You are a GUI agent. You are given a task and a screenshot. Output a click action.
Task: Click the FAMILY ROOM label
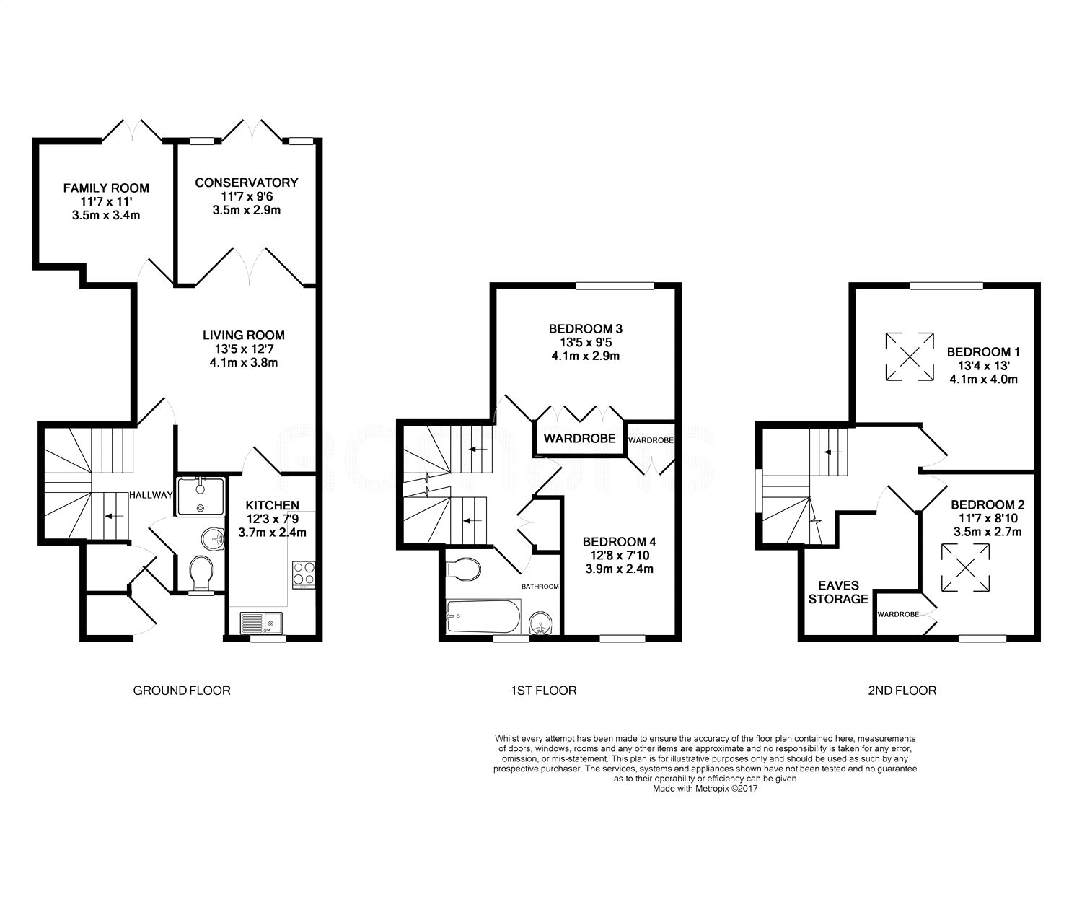(106, 188)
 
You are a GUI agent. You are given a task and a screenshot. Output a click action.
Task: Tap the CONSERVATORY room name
(247, 183)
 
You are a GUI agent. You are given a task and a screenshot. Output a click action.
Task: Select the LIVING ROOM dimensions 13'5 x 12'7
(244, 349)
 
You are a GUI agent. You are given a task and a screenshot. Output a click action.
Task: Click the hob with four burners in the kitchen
(304, 574)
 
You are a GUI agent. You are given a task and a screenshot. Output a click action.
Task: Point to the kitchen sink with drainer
(261, 623)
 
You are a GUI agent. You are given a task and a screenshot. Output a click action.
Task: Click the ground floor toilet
(201, 574)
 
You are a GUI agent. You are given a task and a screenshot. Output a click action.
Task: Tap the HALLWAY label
(151, 495)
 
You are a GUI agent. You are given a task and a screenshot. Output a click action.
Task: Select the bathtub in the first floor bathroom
(483, 617)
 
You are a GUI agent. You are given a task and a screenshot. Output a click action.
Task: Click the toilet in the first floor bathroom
(463, 569)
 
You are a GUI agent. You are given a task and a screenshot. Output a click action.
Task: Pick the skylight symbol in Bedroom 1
(910, 356)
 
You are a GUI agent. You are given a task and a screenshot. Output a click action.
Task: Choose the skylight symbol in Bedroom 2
(965, 568)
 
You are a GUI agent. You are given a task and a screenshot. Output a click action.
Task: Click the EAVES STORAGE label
(838, 592)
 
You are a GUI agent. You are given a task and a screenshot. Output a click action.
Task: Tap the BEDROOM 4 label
(619, 542)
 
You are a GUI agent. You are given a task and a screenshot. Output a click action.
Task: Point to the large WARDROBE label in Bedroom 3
(579, 439)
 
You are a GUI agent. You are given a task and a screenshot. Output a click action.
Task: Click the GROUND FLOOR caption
(182, 691)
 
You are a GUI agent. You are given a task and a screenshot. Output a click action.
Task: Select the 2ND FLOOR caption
(902, 691)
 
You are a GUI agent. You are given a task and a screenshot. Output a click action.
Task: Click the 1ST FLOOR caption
(544, 691)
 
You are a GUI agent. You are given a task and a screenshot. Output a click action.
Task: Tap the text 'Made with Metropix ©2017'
(705, 789)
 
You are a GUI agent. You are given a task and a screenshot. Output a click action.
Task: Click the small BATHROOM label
(540, 586)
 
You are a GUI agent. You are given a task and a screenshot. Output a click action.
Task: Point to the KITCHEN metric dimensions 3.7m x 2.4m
(272, 533)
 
